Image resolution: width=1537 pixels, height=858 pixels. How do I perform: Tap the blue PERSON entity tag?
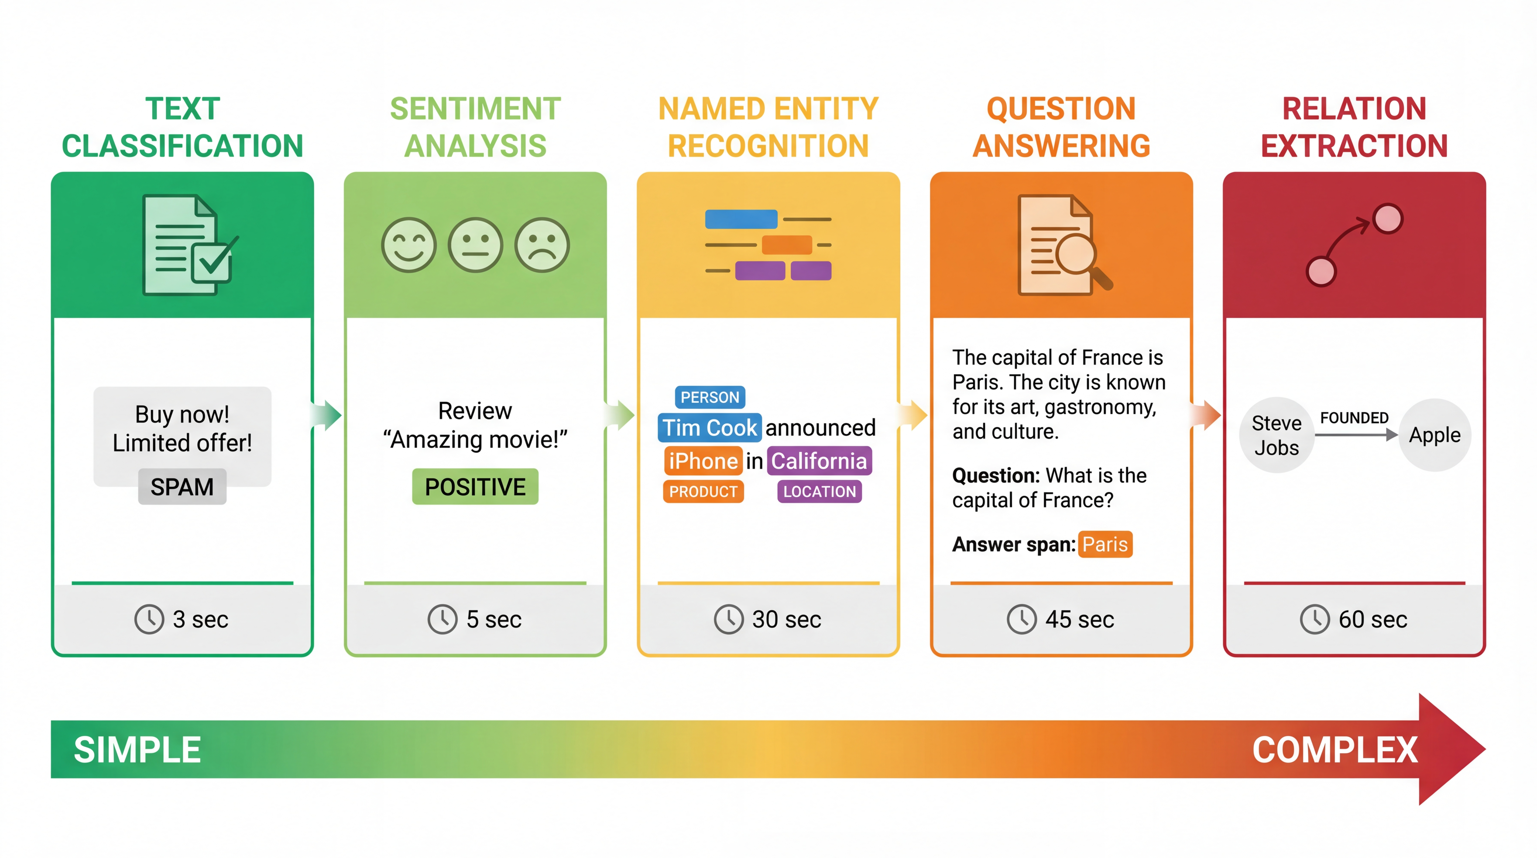[709, 397]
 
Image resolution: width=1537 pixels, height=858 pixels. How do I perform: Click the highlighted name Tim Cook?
[709, 428]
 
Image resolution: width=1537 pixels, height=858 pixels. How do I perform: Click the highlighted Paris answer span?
[1105, 544]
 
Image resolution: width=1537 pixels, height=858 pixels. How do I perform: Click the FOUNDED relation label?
[1354, 418]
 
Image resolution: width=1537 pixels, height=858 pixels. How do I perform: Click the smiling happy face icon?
[409, 245]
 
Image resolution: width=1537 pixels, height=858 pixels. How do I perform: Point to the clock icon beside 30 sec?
[729, 619]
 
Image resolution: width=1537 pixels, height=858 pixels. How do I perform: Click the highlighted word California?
[819, 461]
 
